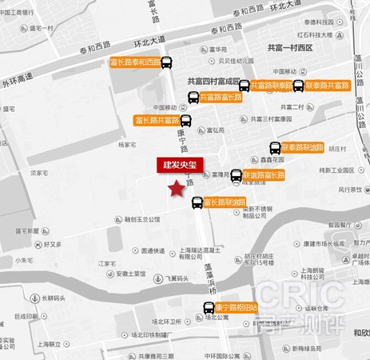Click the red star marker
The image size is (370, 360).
(174, 188)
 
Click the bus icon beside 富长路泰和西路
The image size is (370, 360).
(166, 64)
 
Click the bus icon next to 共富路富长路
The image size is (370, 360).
(193, 98)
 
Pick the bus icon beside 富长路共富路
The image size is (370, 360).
(185, 122)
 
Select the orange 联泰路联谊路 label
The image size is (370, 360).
(303, 148)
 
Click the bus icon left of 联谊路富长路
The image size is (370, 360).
(236, 175)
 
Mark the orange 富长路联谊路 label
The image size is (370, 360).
(225, 202)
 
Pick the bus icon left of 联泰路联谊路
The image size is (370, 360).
(273, 149)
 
